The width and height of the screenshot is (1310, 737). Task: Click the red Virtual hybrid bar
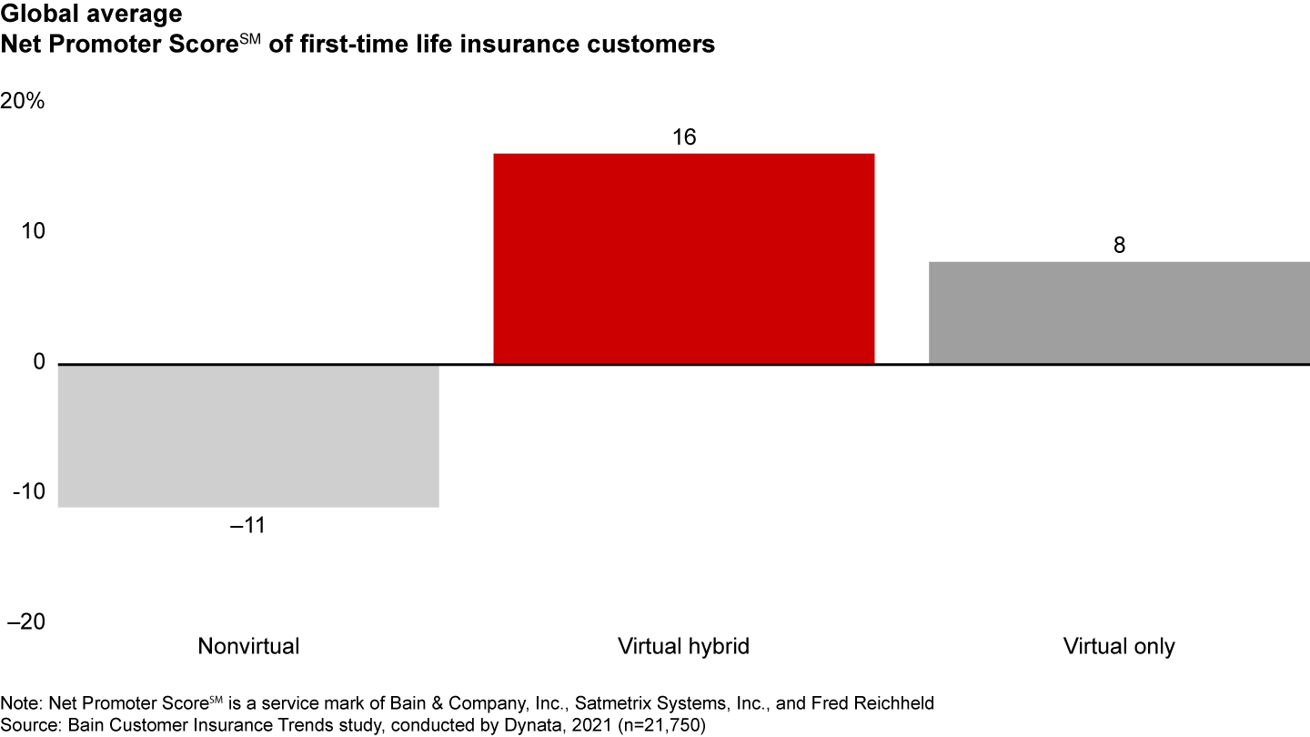pyautogui.click(x=683, y=258)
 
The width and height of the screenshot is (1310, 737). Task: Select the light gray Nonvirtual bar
pyautogui.click(x=248, y=435)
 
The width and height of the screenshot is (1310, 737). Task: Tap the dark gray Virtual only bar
pyautogui.click(x=1119, y=313)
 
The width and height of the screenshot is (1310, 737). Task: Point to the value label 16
pyautogui.click(x=683, y=137)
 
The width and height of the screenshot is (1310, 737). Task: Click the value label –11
pyautogui.click(x=247, y=526)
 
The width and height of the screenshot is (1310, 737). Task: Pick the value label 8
pyautogui.click(x=1120, y=246)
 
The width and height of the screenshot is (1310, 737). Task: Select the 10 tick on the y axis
pyautogui.click(x=35, y=232)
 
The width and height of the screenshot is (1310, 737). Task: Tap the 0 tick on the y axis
pyautogui.click(x=38, y=362)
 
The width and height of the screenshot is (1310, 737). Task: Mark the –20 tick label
pyautogui.click(x=26, y=622)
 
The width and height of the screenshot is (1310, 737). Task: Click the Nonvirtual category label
pyautogui.click(x=248, y=647)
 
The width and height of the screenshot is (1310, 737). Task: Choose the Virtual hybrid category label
pyautogui.click(x=683, y=647)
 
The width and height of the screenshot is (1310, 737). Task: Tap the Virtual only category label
pyautogui.click(x=1119, y=647)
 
